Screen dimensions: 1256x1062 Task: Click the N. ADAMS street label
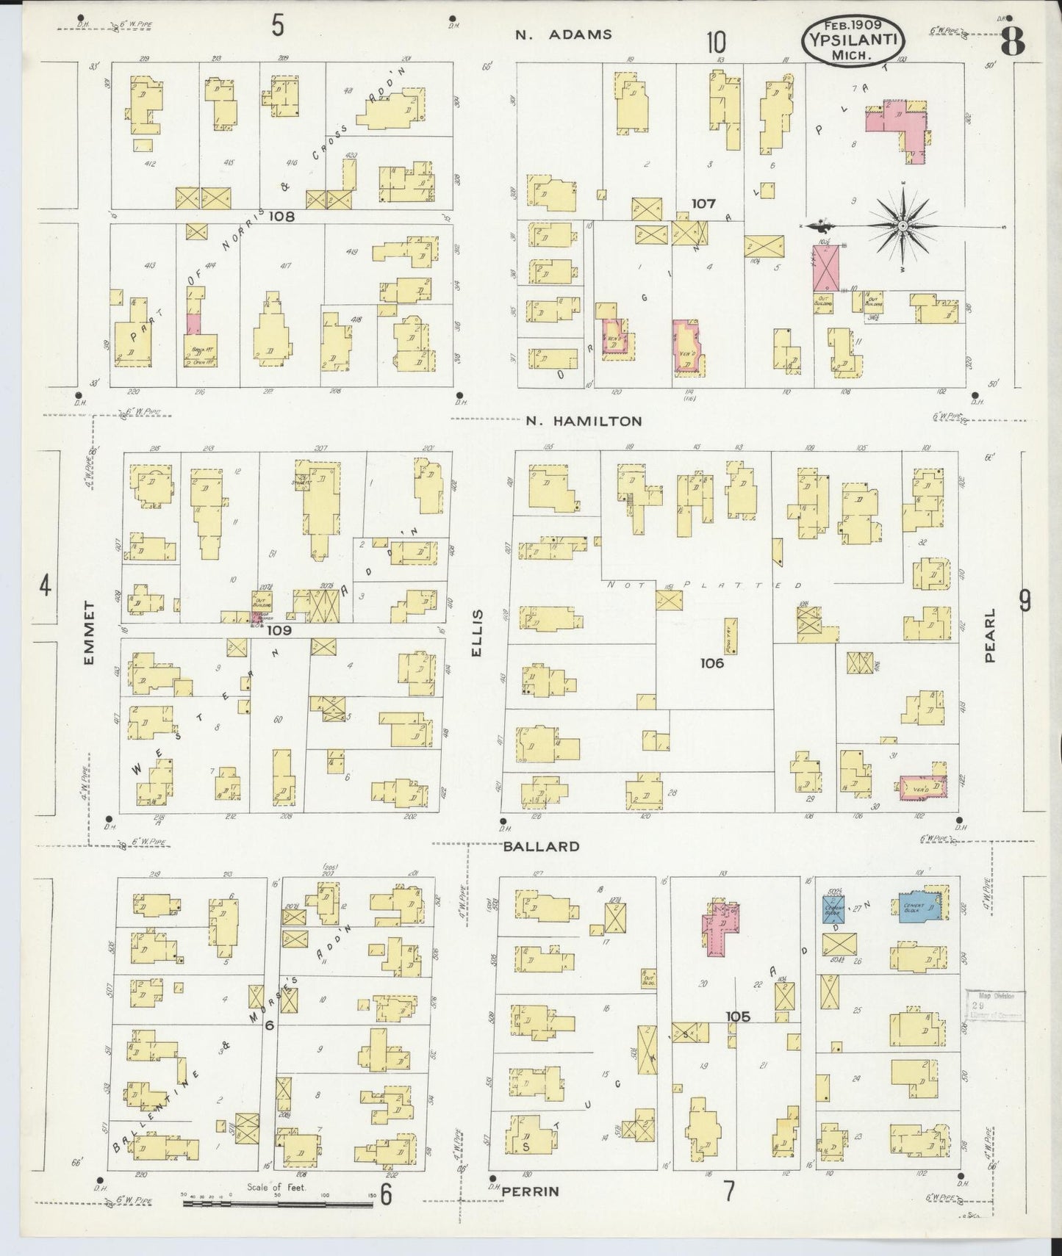tap(563, 35)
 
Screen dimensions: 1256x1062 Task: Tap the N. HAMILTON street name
tap(584, 422)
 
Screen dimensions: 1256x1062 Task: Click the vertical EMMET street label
tap(90, 633)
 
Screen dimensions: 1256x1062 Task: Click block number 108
tap(281, 217)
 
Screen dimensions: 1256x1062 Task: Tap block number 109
tap(279, 630)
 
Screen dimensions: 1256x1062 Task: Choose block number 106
tap(711, 663)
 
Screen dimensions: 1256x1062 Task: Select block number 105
tap(737, 1017)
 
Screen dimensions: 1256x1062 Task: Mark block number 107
tap(703, 203)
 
